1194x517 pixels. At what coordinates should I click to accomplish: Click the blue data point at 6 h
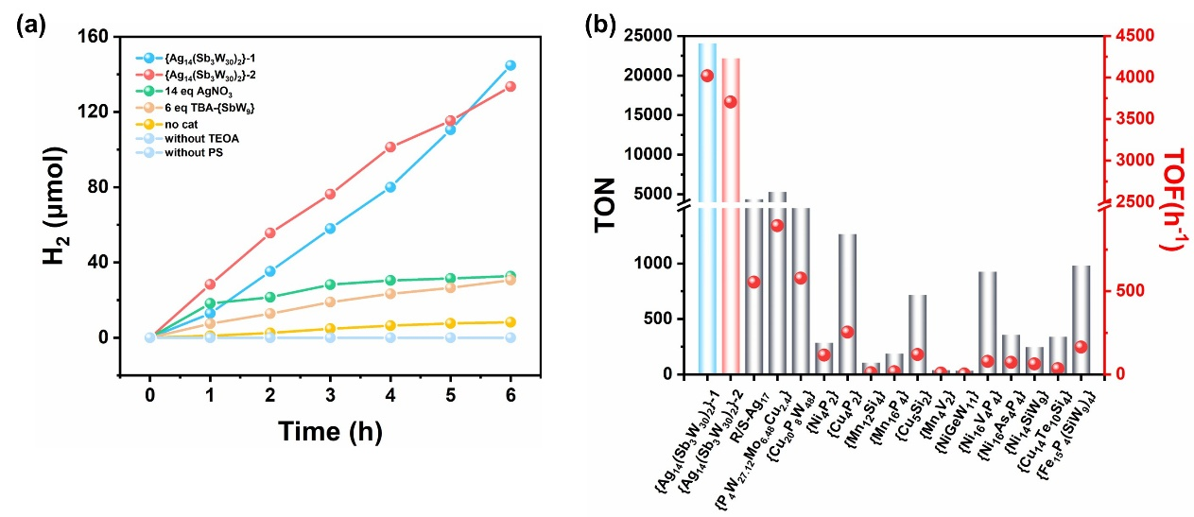click(510, 65)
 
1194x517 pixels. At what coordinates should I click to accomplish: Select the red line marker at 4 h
click(390, 146)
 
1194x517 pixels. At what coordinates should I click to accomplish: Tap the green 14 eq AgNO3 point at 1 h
click(210, 303)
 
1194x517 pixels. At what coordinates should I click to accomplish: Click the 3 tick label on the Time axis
click(330, 390)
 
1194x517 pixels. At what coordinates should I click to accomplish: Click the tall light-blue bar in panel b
click(707, 208)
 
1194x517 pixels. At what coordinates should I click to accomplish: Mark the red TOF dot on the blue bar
click(707, 76)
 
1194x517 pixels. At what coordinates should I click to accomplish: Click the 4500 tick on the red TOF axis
click(1124, 36)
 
